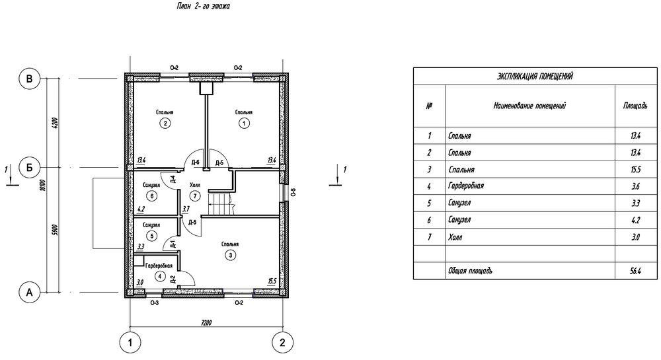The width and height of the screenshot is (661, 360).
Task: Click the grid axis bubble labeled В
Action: pos(30,79)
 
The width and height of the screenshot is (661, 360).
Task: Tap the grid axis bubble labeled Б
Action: pos(30,168)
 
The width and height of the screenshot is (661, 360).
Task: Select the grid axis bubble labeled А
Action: pos(30,292)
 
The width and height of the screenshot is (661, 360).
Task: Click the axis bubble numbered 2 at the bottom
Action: pos(282,343)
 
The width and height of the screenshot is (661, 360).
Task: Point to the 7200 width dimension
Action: pos(206,323)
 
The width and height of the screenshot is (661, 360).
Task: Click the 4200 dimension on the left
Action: pos(56,123)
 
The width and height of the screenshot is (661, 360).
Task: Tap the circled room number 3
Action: pos(230,255)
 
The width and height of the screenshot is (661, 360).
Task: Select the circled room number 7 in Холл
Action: pos(195,196)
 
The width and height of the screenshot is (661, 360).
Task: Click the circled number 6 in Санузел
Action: pos(151,196)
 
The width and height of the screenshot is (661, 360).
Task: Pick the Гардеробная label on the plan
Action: pos(159,266)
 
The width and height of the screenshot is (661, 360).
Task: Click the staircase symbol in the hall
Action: pos(221,203)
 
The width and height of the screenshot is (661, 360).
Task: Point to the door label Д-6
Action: pos(195,162)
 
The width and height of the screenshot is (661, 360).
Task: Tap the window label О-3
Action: pos(154,303)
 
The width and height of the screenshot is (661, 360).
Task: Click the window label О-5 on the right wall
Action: pos(293,192)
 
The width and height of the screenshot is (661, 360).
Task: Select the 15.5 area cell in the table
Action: pos(636,170)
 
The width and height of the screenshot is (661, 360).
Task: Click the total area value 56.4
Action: pos(636,271)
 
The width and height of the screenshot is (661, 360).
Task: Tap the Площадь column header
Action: pos(635,106)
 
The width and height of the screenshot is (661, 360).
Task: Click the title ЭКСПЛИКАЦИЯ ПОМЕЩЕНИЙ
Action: pos(535,76)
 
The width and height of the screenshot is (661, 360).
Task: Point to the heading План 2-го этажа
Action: pos(204,7)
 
